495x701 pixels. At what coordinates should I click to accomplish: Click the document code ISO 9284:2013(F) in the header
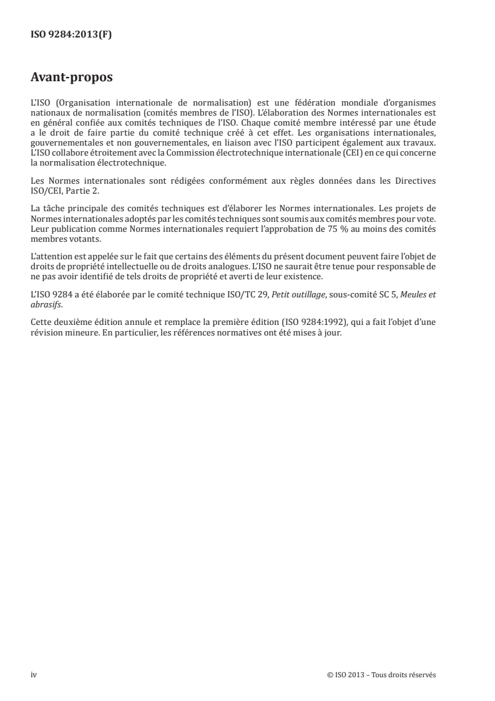[71, 35]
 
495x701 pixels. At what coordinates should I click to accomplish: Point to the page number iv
[34, 674]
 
